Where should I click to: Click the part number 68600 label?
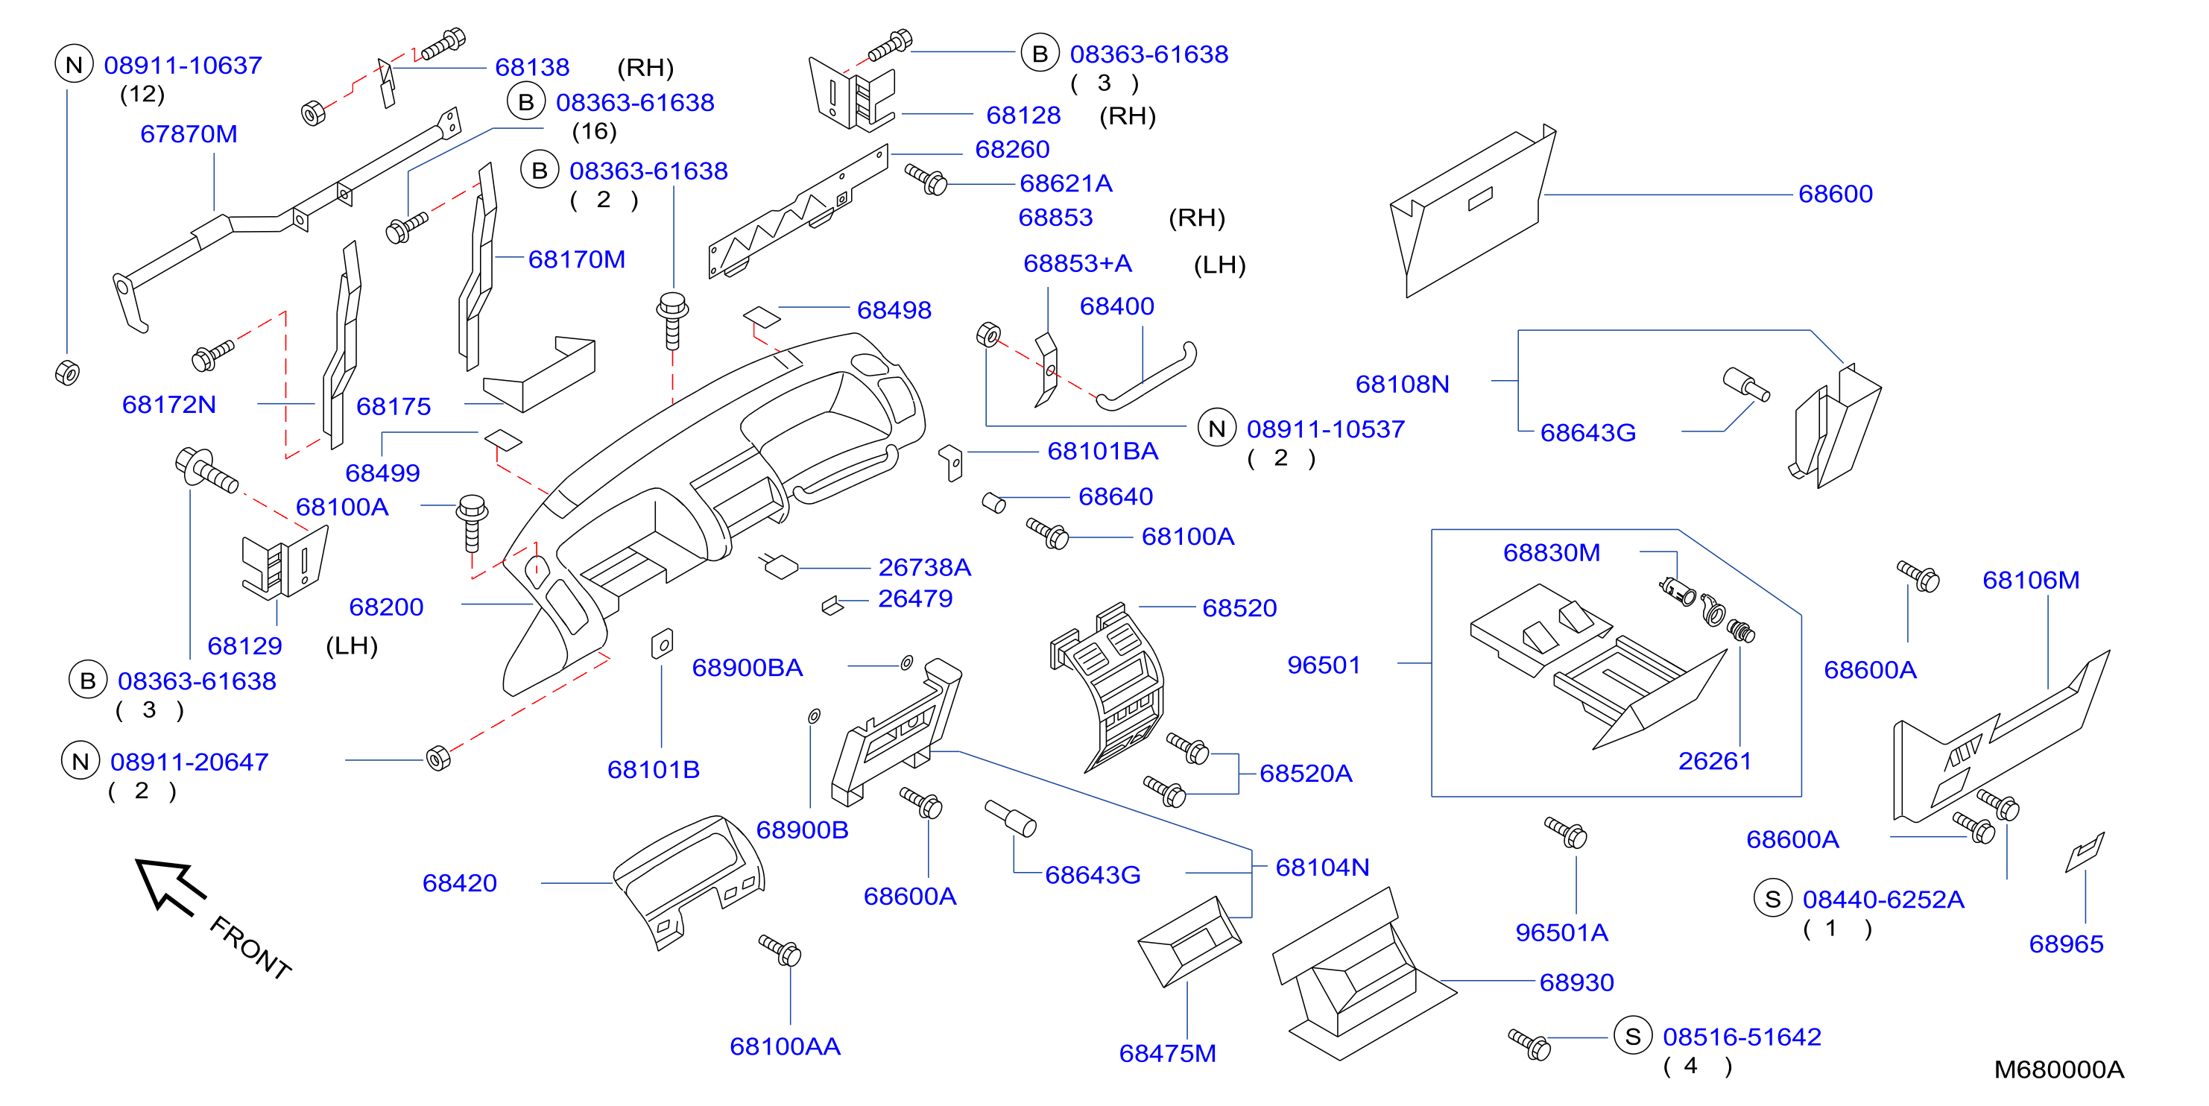(x=1835, y=194)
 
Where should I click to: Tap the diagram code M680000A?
(x=2059, y=1069)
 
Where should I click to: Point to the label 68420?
(x=460, y=883)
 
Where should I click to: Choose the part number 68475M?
(x=1167, y=1053)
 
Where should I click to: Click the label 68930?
(x=1576, y=982)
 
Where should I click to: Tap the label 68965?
(x=2066, y=944)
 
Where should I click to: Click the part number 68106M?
(x=2031, y=580)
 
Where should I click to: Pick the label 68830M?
(x=1551, y=552)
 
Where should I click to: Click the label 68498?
(x=894, y=309)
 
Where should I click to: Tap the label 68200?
(x=386, y=607)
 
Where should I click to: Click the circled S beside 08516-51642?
(x=1633, y=1037)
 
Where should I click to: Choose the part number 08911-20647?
(x=189, y=762)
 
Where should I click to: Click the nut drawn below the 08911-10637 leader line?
(x=67, y=373)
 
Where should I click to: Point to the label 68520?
(x=1239, y=608)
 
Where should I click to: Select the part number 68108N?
(x=1402, y=384)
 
